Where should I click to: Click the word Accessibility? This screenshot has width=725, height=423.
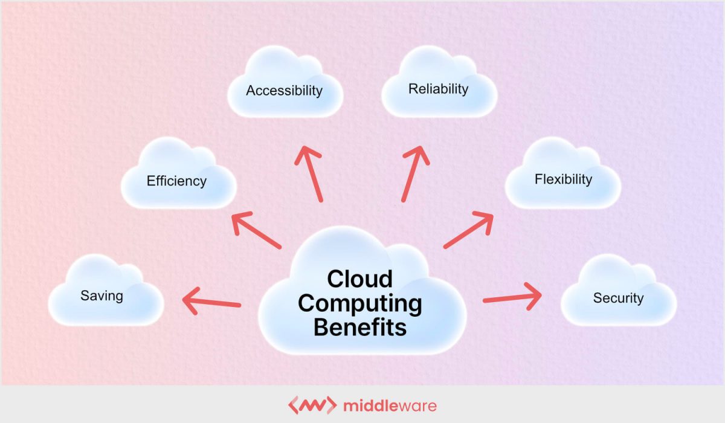[x=284, y=91]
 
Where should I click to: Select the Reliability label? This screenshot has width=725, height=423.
[x=438, y=89]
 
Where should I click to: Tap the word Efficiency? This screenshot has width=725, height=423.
[x=176, y=181]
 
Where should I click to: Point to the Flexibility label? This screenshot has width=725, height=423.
[x=563, y=179]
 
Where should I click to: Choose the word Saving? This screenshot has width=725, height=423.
[x=101, y=296]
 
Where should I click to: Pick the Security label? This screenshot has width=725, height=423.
[x=618, y=298]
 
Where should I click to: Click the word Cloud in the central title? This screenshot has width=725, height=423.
[x=359, y=279]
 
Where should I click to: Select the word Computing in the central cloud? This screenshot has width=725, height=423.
[x=360, y=303]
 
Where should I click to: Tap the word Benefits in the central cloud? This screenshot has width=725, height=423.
[x=360, y=328]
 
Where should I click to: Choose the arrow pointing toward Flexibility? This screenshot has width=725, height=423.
[x=468, y=230]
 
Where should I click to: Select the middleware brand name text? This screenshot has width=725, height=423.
[x=390, y=405]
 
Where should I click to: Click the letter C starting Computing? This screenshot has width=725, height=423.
[x=307, y=303]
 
